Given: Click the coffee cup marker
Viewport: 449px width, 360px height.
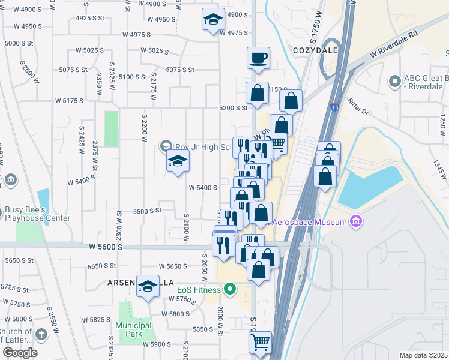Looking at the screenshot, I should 258,59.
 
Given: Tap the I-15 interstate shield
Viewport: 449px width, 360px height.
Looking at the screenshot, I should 334,108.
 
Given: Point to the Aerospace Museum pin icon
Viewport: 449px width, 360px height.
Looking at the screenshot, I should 357,222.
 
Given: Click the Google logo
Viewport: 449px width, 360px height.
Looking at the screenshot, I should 20,353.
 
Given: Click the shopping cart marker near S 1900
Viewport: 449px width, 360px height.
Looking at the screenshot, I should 260,342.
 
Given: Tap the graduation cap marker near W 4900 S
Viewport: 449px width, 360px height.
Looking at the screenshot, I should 212,20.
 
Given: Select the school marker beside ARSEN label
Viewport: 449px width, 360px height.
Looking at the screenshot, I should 148,287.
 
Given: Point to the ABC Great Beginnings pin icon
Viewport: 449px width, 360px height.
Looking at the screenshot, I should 395,80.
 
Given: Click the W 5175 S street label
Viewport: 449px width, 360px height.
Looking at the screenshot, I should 69,100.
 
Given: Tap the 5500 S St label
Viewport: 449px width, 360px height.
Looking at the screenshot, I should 148,211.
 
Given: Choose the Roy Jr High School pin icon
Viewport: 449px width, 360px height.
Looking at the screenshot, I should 166,146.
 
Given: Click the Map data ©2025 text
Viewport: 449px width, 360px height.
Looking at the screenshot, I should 424,355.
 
